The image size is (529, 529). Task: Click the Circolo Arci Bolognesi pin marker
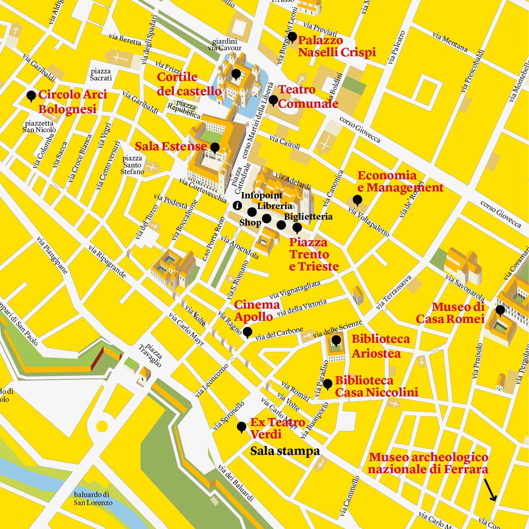pyautogui.click(x=31, y=96)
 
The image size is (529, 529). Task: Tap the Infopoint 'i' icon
pyautogui.click(x=237, y=205)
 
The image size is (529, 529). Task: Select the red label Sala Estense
pyautogui.click(x=171, y=146)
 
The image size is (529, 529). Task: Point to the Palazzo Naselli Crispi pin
pyautogui.click(x=291, y=37)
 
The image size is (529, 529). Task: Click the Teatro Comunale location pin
pyautogui.click(x=273, y=101)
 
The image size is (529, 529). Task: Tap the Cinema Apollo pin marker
pyautogui.click(x=248, y=332)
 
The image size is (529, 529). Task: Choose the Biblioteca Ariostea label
pyautogui.click(x=380, y=346)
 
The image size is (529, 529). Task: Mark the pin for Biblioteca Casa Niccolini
pyautogui.click(x=328, y=384)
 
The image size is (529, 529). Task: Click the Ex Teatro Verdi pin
pyautogui.click(x=242, y=427)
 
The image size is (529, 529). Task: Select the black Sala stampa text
pyautogui.click(x=285, y=451)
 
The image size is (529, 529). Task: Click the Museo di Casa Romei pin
pyautogui.click(x=500, y=310)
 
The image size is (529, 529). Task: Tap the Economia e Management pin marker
pyautogui.click(x=358, y=201)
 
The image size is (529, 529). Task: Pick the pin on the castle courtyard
pyautogui.click(x=236, y=74)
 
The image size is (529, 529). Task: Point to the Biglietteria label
pyautogui.click(x=308, y=217)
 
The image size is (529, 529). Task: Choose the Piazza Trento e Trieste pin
pyautogui.click(x=297, y=227)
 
